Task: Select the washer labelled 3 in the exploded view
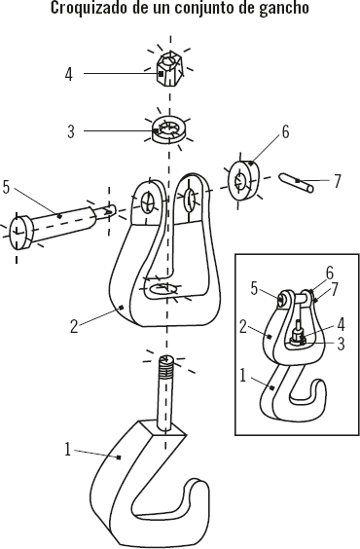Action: tap(170, 129)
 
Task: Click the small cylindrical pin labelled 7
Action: tap(297, 183)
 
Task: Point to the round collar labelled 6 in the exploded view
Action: tap(244, 181)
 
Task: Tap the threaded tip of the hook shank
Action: tap(167, 366)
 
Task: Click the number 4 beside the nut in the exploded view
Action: tap(69, 74)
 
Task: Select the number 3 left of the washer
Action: tap(71, 132)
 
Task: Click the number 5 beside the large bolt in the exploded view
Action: tap(6, 187)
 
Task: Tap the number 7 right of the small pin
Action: tap(337, 181)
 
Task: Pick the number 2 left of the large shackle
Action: tap(74, 326)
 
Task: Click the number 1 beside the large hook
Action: tap(68, 449)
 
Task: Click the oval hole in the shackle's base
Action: tap(162, 289)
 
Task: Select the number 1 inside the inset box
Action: tap(243, 375)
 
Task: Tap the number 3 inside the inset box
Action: tap(341, 344)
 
